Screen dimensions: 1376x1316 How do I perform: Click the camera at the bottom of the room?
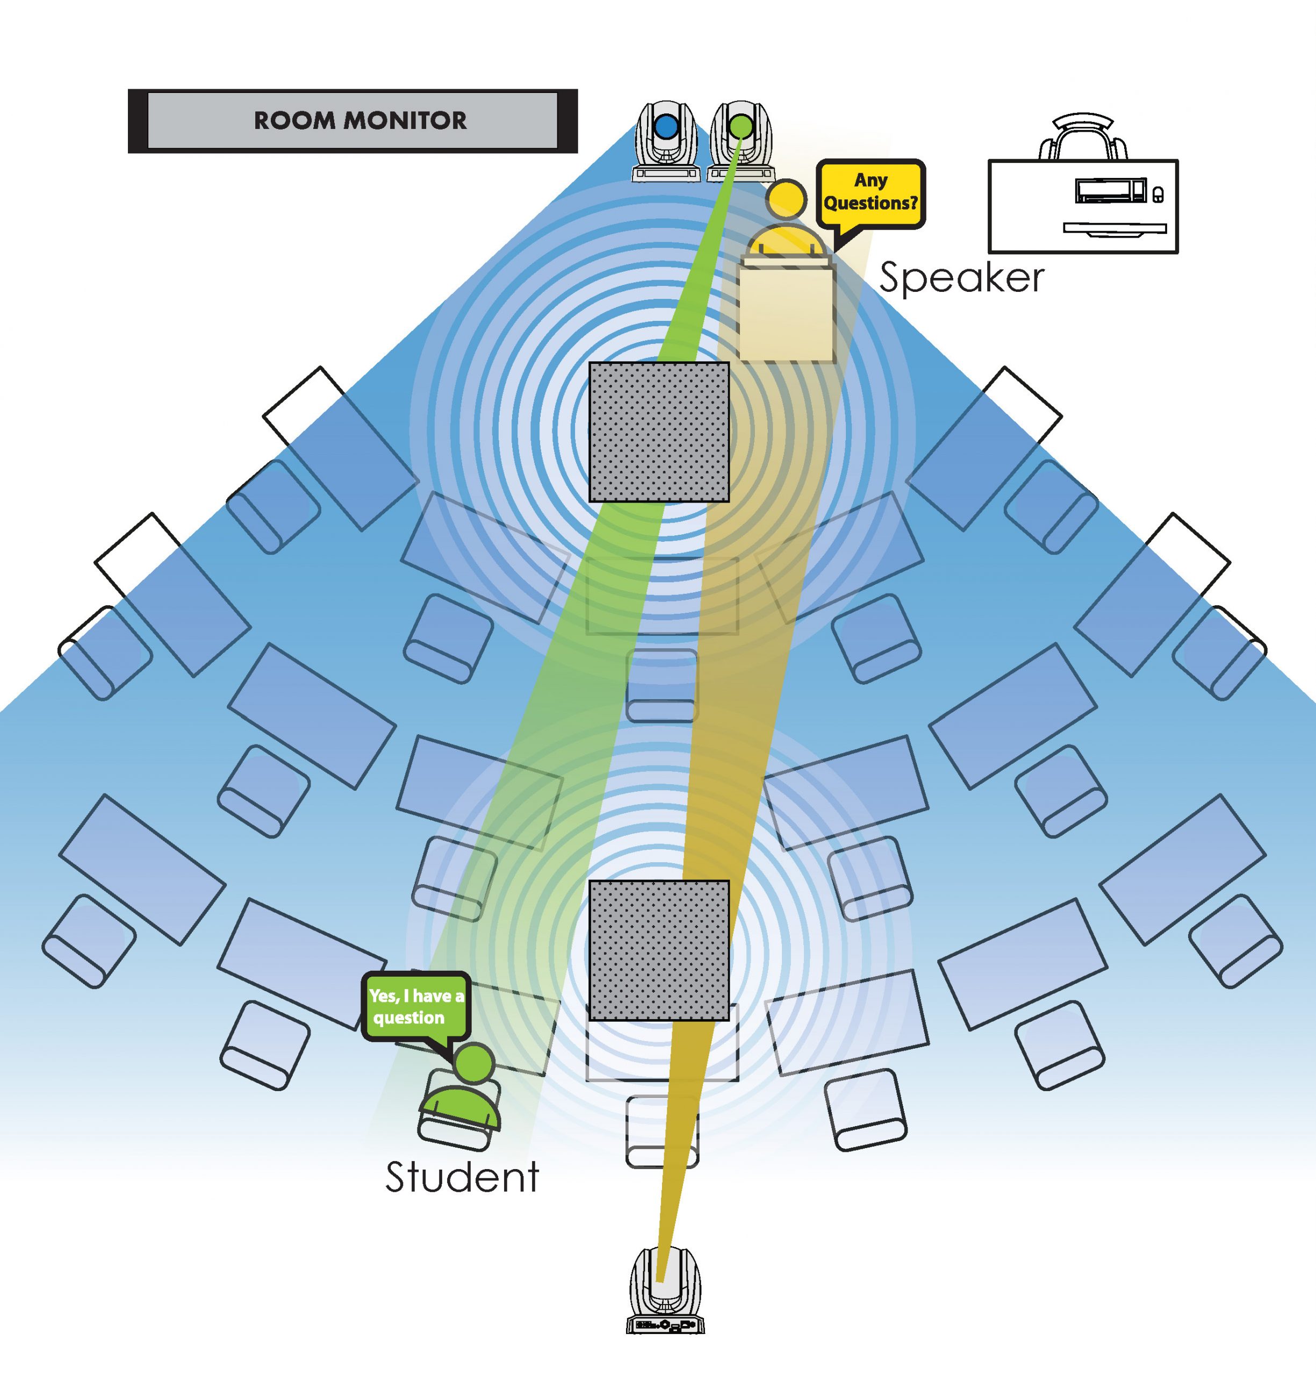tap(665, 1291)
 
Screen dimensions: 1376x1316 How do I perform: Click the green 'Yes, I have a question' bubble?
tap(416, 1006)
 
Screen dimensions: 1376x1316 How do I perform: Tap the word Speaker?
tap(961, 278)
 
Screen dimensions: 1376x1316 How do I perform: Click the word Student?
tap(462, 1178)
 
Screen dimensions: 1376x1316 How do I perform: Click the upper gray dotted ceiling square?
tap(659, 432)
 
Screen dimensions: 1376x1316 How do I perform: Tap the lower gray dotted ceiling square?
tap(659, 950)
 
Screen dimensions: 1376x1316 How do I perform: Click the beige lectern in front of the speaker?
tap(786, 312)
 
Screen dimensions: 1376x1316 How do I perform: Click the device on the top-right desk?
tap(1111, 190)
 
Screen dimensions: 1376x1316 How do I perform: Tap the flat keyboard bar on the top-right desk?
tap(1114, 227)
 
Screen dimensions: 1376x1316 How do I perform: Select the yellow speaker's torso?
tap(786, 240)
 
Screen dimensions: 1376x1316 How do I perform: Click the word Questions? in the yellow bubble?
tap(871, 204)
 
